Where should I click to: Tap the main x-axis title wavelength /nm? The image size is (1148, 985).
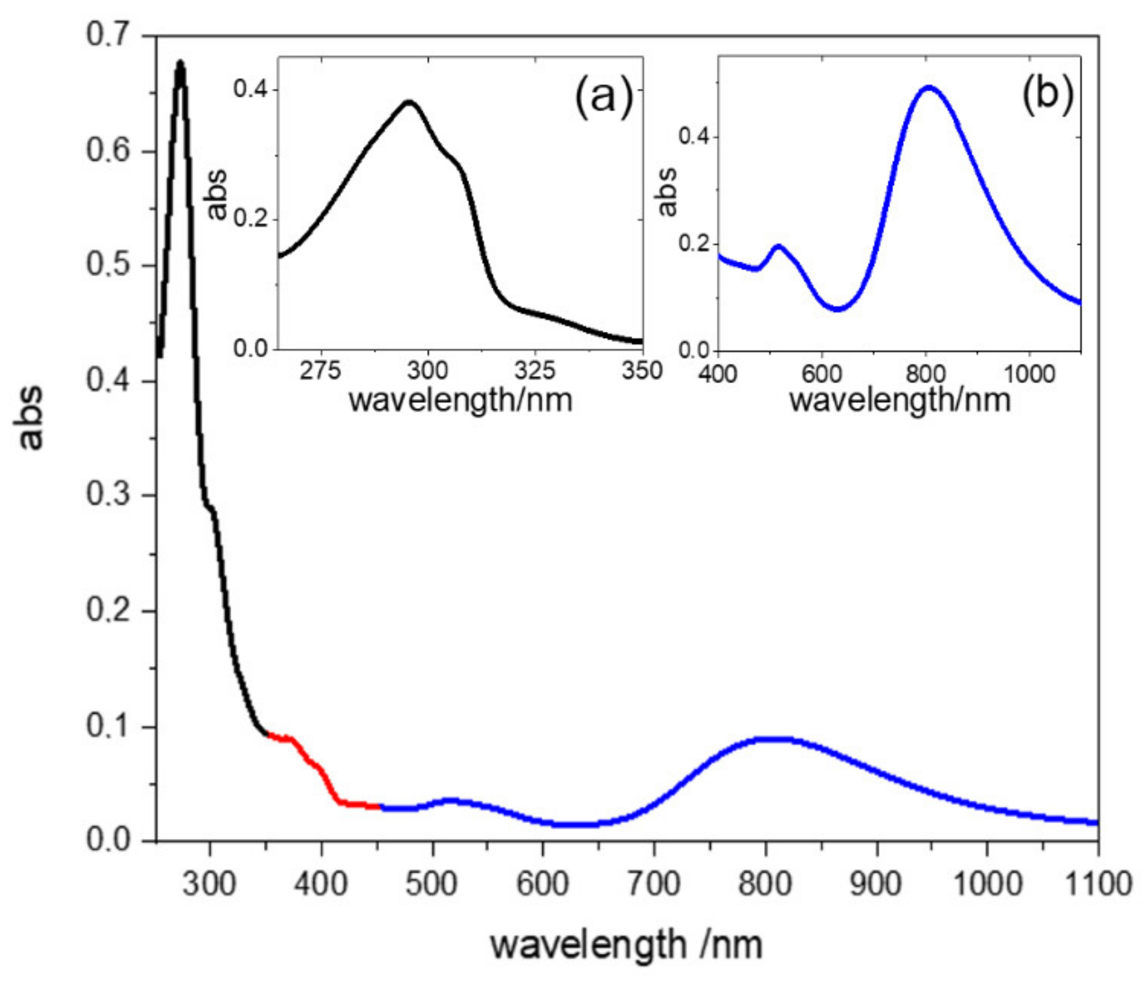point(626,945)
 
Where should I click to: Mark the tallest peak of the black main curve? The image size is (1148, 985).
point(180,63)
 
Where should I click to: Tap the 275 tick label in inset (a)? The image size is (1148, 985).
point(320,371)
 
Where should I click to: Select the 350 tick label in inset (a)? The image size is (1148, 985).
point(642,371)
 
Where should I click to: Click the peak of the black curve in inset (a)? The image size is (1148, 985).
point(410,102)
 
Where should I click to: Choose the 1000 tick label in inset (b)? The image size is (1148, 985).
point(1029,373)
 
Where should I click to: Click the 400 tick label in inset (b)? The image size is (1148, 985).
point(718,373)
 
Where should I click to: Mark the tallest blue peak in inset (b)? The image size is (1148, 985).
point(929,87)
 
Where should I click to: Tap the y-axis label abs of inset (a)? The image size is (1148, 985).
point(217,194)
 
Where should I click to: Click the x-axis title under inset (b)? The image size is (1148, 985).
point(900,400)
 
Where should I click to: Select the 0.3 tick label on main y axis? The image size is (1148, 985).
point(107,495)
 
